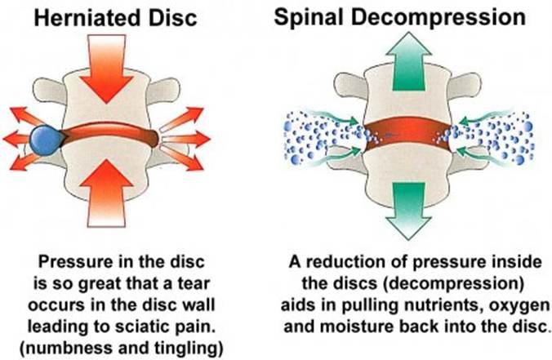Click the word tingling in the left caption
[173, 332]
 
